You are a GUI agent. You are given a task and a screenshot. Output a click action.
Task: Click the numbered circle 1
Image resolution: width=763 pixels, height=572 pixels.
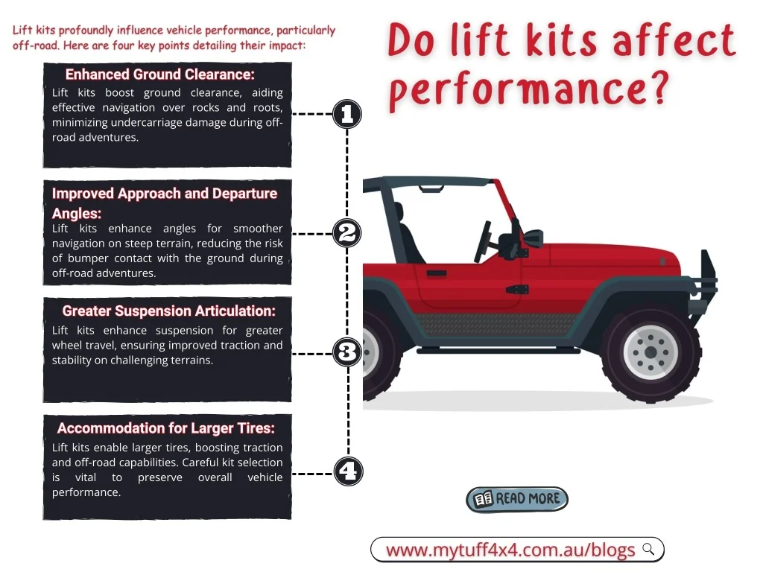pos(347,114)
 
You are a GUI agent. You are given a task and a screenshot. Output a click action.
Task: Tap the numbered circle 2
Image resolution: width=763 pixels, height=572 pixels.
pos(347,233)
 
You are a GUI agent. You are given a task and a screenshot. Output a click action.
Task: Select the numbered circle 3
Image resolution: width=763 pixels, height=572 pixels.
pos(347,352)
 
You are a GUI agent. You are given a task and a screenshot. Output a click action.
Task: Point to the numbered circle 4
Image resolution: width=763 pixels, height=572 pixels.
pos(349,471)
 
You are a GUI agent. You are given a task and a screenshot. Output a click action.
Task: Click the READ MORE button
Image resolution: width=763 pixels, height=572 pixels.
pos(517,499)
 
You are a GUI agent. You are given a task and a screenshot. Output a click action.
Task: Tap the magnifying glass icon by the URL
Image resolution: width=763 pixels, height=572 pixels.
pos(649,549)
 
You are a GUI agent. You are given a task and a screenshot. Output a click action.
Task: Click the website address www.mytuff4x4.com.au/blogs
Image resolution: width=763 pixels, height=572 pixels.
pos(510,550)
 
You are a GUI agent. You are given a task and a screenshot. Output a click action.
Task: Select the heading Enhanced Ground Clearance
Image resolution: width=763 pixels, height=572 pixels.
pos(160,74)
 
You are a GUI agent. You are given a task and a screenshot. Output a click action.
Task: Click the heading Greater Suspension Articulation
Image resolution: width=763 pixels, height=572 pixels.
pos(169,311)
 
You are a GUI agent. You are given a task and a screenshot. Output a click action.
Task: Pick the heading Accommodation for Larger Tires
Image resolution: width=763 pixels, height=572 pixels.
pos(166,428)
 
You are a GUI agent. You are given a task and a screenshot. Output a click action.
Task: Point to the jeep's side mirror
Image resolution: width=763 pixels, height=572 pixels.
pos(533,238)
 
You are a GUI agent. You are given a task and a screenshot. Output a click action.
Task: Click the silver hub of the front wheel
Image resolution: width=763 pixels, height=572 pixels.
pos(651,352)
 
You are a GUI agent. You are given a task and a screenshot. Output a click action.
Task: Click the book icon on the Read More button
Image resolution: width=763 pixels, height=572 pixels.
pos(484,499)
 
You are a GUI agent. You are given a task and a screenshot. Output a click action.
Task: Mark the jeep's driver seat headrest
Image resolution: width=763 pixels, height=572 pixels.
pos(399,211)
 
